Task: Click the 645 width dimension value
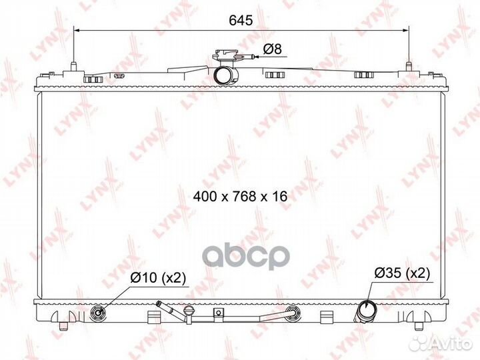click(241, 20)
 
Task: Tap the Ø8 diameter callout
click(273, 49)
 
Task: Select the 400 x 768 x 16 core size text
click(240, 196)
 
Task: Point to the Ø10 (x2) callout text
click(158, 277)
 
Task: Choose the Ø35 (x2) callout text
click(402, 273)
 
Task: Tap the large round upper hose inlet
click(226, 75)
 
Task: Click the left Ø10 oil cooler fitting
click(98, 313)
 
